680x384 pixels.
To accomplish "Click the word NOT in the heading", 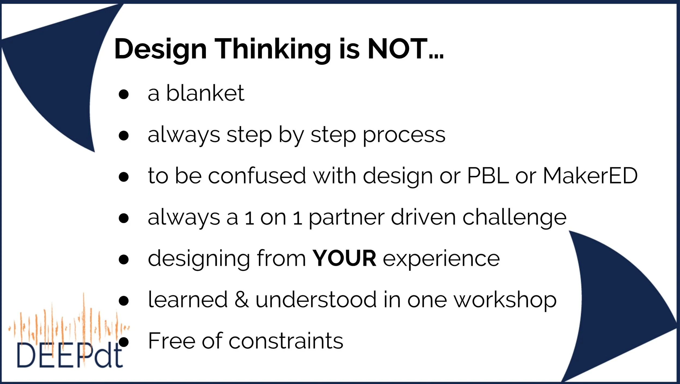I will [397, 49].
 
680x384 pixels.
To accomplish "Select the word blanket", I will [205, 93].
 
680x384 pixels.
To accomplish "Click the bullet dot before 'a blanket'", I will [124, 94].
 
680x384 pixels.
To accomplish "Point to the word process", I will [404, 135].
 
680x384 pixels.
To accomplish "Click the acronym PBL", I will [488, 176].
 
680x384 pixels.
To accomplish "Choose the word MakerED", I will [590, 176].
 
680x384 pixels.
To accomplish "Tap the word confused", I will [257, 176].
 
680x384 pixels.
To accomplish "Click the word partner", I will [347, 218].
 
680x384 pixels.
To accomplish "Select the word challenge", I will [515, 218].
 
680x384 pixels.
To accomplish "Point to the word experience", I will [441, 259].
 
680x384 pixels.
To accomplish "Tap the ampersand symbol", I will [242, 300].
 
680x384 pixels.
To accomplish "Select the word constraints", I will [286, 341].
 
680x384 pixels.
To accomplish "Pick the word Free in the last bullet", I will [172, 341].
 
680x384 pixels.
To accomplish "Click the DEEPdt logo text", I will [70, 355].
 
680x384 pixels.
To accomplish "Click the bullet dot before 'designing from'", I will [124, 260].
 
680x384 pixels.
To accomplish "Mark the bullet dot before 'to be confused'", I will [124, 177].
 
